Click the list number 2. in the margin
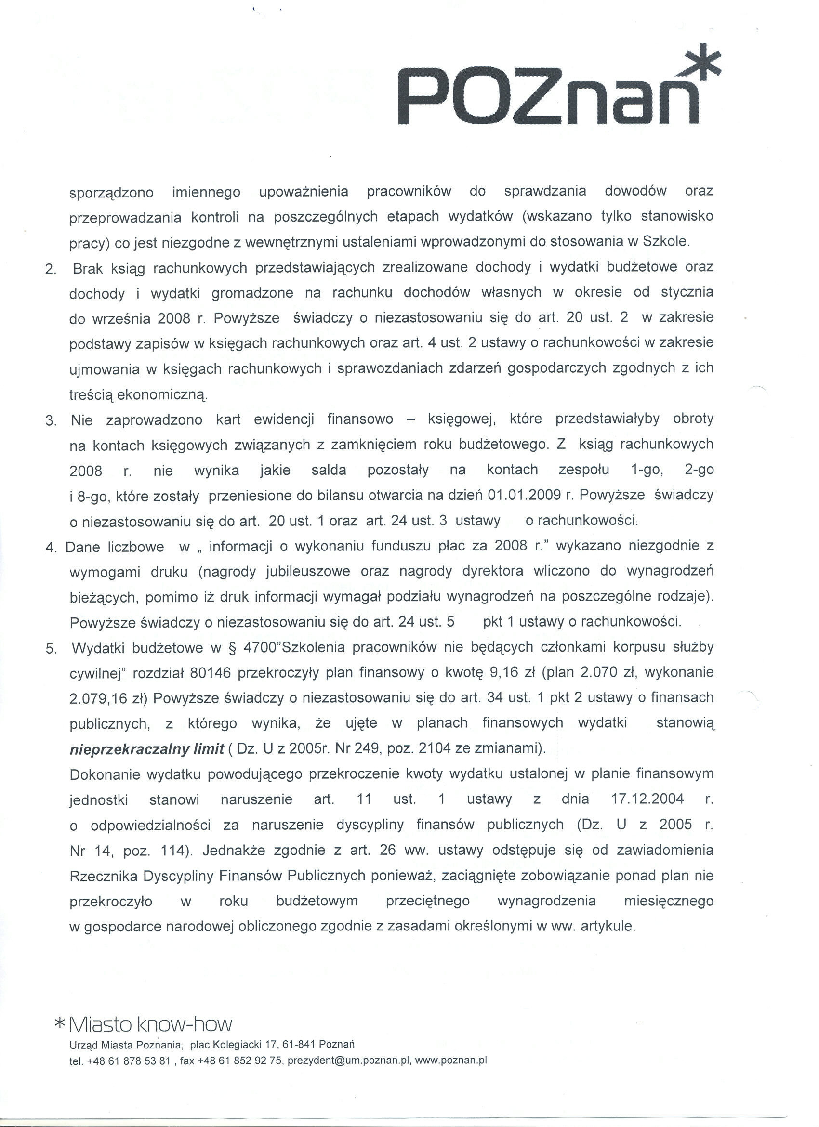(51, 269)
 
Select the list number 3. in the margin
(51, 421)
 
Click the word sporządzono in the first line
(111, 192)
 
